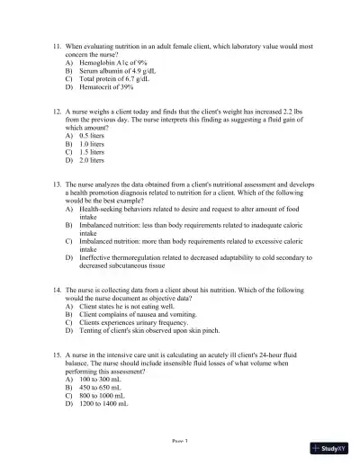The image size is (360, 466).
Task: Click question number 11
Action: pos(58,44)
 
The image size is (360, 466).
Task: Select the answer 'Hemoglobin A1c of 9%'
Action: pos(112,62)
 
